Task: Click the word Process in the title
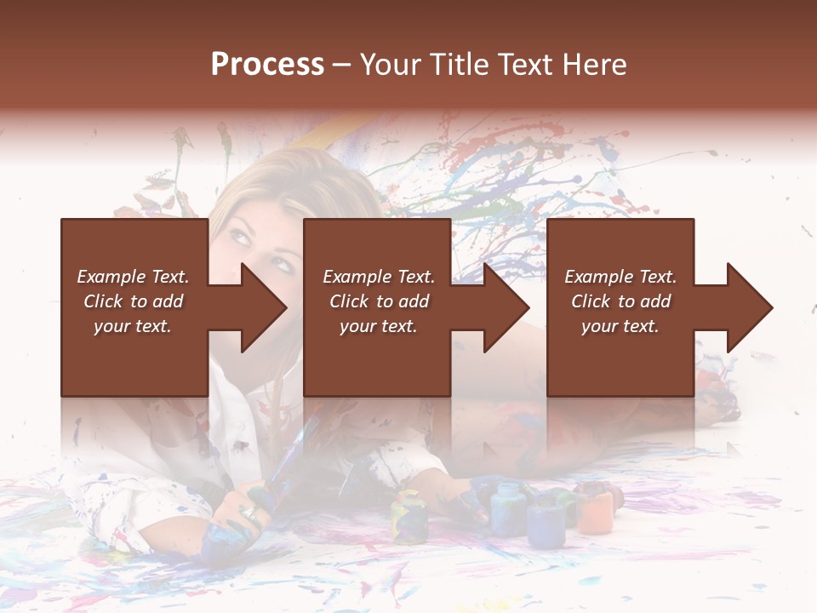pyautogui.click(x=267, y=65)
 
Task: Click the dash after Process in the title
pyautogui.click(x=341, y=66)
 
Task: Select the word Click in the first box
pyautogui.click(x=103, y=301)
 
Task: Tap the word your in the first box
pyautogui.click(x=111, y=326)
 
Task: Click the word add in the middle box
pyautogui.click(x=414, y=301)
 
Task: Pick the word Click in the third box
pyautogui.click(x=591, y=301)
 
